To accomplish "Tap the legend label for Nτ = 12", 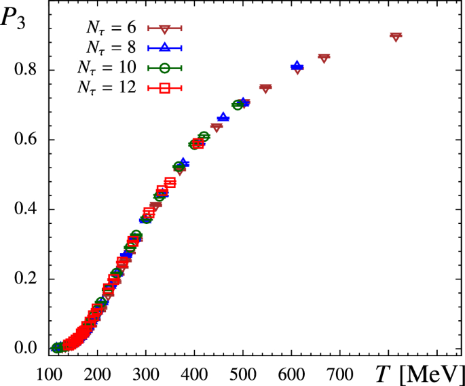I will pyautogui.click(x=109, y=86).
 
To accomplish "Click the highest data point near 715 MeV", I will pyautogui.click(x=396, y=36).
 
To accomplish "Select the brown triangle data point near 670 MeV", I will pyautogui.click(x=324, y=58).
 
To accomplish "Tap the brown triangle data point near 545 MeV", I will pyautogui.click(x=265, y=88).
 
